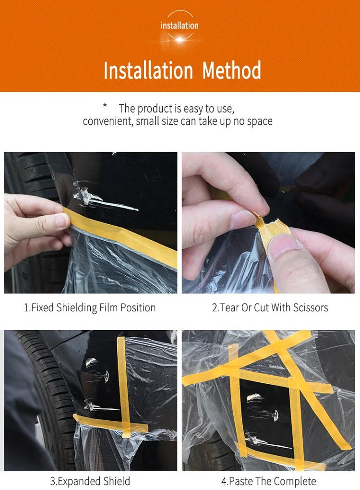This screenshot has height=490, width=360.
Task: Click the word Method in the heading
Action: [x=231, y=70]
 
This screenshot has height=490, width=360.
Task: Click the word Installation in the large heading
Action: [x=148, y=70]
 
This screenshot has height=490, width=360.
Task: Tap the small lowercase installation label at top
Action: [x=180, y=25]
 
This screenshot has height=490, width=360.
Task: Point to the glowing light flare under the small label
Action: [x=180, y=39]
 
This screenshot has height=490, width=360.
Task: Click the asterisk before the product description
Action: [x=105, y=106]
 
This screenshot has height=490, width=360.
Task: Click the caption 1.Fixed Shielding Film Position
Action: [x=90, y=308]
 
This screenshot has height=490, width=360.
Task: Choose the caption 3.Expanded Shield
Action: [x=90, y=481]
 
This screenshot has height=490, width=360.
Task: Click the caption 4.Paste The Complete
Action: [x=268, y=481]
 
